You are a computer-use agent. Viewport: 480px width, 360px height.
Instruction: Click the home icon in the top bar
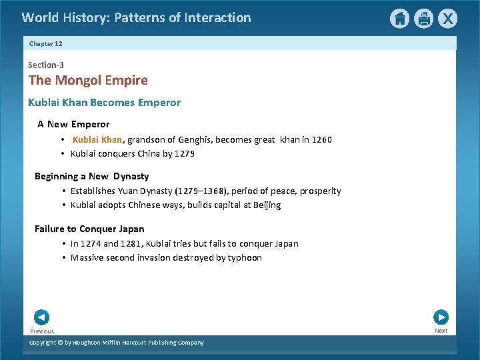[399, 19]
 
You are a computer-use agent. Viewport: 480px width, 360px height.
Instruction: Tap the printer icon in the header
[423, 19]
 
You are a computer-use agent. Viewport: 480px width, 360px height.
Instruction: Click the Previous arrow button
[41, 317]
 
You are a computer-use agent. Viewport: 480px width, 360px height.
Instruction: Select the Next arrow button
[441, 317]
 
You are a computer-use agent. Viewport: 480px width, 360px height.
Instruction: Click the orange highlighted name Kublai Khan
[97, 139]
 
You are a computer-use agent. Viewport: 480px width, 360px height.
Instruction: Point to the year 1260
[317, 139]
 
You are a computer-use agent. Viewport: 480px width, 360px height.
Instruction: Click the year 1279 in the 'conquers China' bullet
[185, 153]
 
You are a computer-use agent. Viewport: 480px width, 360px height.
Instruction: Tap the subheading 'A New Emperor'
[73, 124]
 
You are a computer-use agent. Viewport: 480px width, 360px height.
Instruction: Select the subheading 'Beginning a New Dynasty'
[91, 176]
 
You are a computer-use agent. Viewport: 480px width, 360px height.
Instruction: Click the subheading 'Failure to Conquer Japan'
[89, 229]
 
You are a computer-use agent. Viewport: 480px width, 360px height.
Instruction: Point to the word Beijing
[267, 205]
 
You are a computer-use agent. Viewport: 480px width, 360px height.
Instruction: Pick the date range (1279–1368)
[202, 191]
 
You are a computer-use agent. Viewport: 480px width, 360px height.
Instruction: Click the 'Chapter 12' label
[45, 43]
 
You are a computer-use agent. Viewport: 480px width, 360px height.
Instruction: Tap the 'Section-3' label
[46, 65]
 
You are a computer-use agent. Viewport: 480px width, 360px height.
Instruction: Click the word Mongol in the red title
[78, 81]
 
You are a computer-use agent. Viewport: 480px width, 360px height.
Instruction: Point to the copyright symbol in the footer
[59, 343]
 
